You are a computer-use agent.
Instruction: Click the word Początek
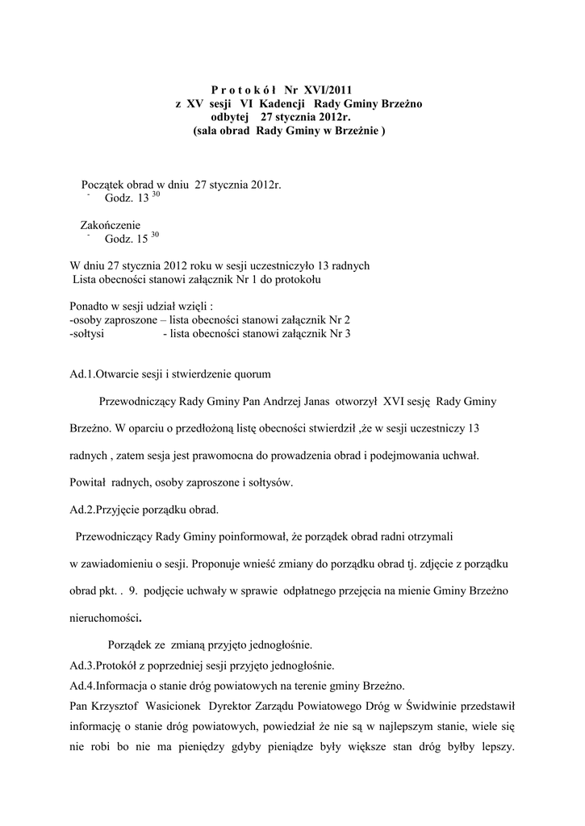coord(110,185)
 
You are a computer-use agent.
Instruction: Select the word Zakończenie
coord(111,225)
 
